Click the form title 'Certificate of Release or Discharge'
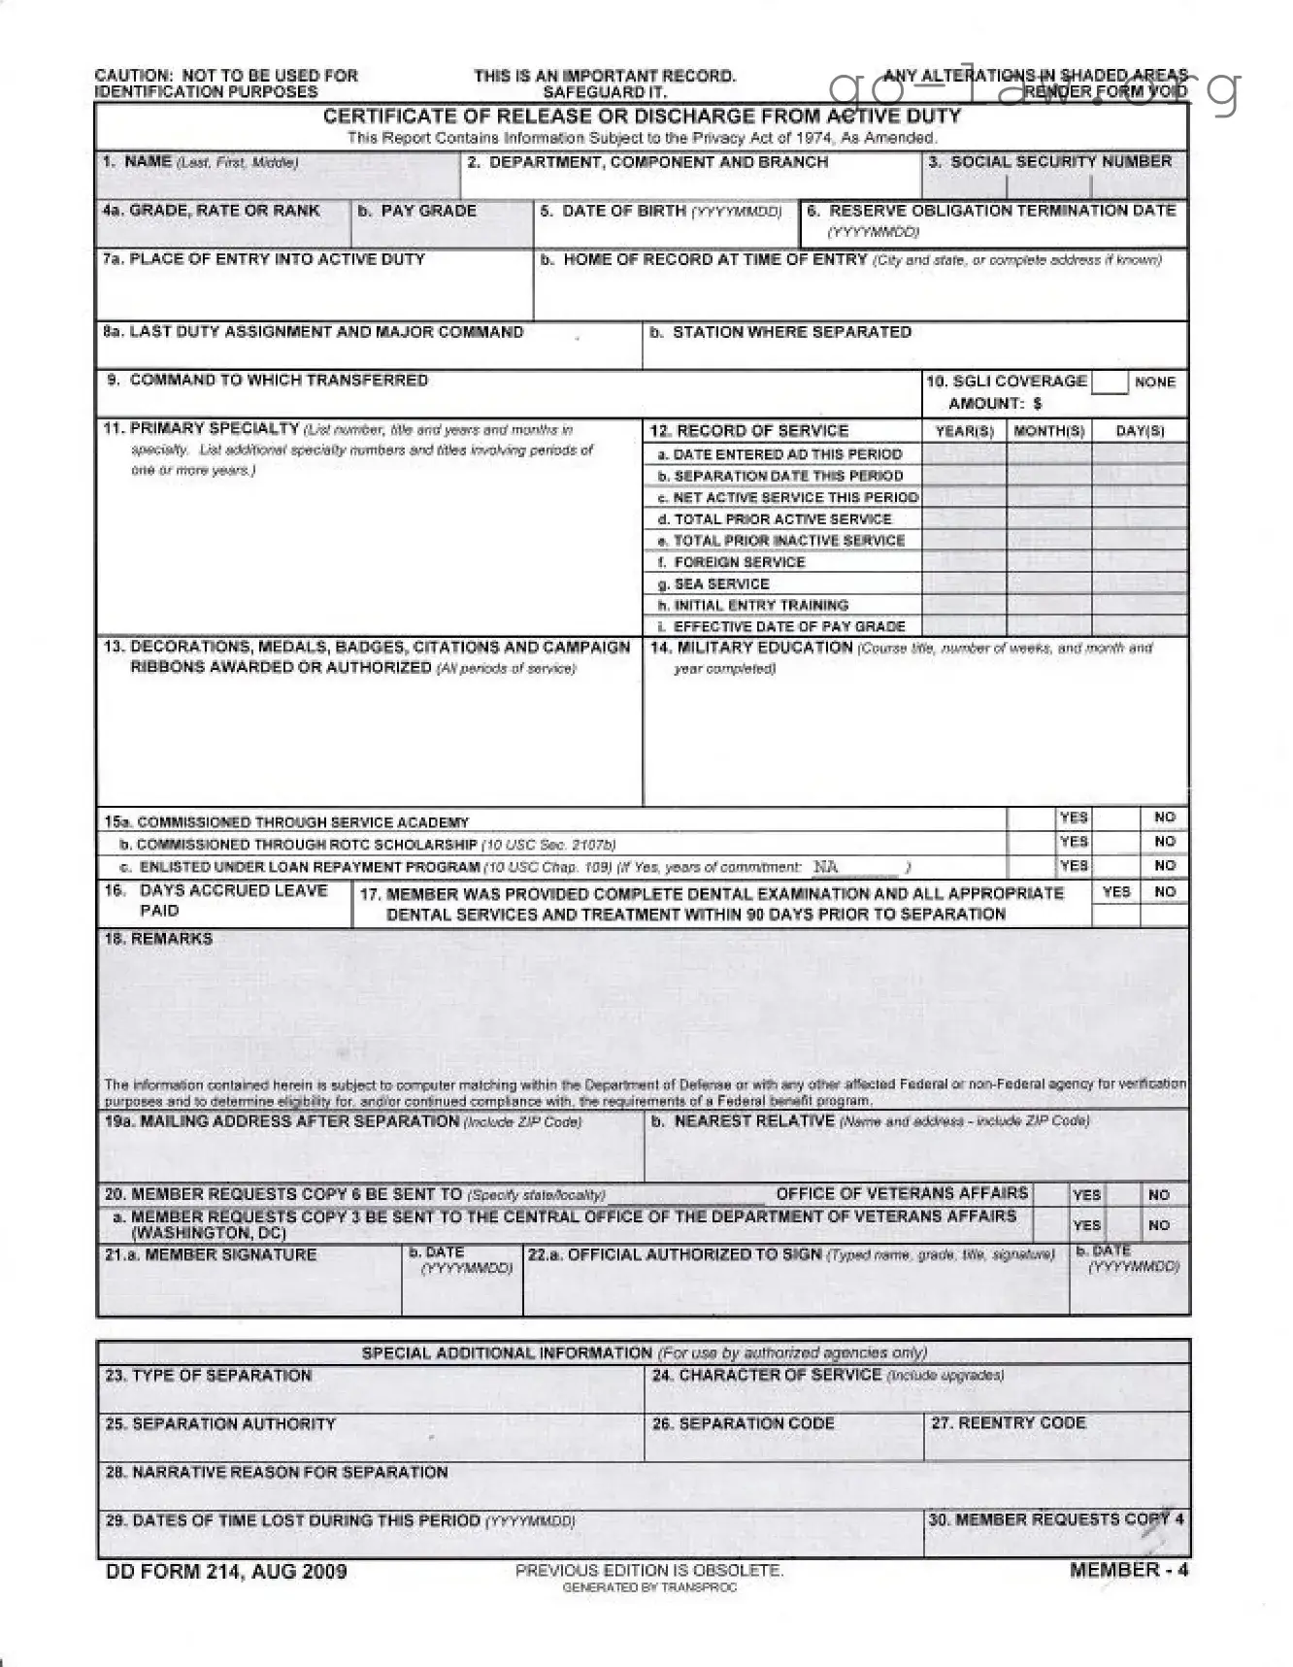pyautogui.click(x=642, y=117)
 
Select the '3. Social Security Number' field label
pyautogui.click(x=1050, y=162)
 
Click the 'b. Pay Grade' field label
pyautogui.click(x=416, y=211)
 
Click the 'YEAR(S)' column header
pyautogui.click(x=964, y=431)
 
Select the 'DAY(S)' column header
pyautogui.click(x=1140, y=431)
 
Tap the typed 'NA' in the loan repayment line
pyautogui.click(x=826, y=867)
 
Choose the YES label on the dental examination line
pyautogui.click(x=1116, y=891)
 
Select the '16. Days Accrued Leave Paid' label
pyautogui.click(x=223, y=900)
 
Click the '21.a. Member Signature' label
pyautogui.click(x=211, y=1254)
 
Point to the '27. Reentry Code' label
pyautogui.click(x=1009, y=1422)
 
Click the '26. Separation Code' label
pyautogui.click(x=743, y=1423)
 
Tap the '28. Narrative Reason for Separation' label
pyautogui.click(x=276, y=1472)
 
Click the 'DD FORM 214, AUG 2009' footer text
pyautogui.click(x=225, y=1572)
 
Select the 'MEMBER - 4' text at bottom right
pyautogui.click(x=1128, y=1570)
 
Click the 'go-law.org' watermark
pyautogui.click(x=1034, y=89)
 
